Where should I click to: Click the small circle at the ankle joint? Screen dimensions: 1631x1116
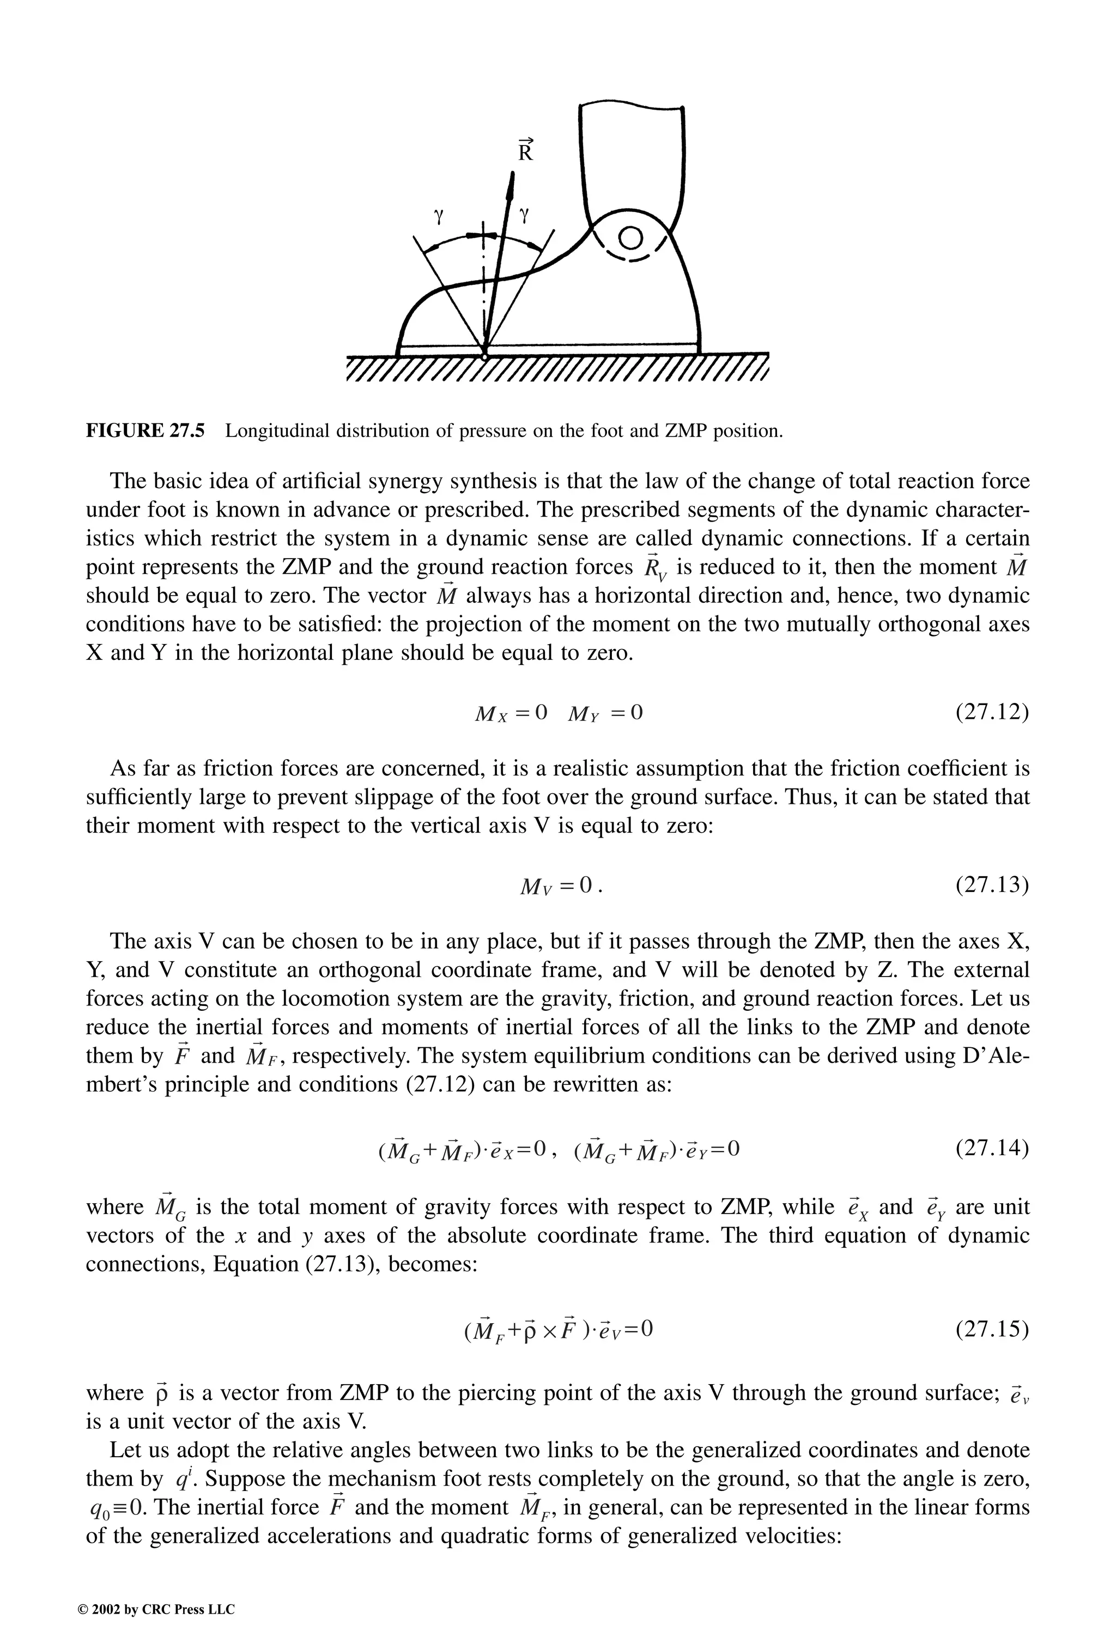click(x=631, y=239)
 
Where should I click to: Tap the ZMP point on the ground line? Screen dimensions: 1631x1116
click(x=484, y=356)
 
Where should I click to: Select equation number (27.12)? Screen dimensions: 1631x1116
click(x=992, y=712)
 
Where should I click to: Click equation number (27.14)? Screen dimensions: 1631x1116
click(x=992, y=1148)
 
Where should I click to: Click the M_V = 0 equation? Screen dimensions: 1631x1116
click(x=560, y=887)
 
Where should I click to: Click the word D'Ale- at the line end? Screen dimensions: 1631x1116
click(x=997, y=1056)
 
